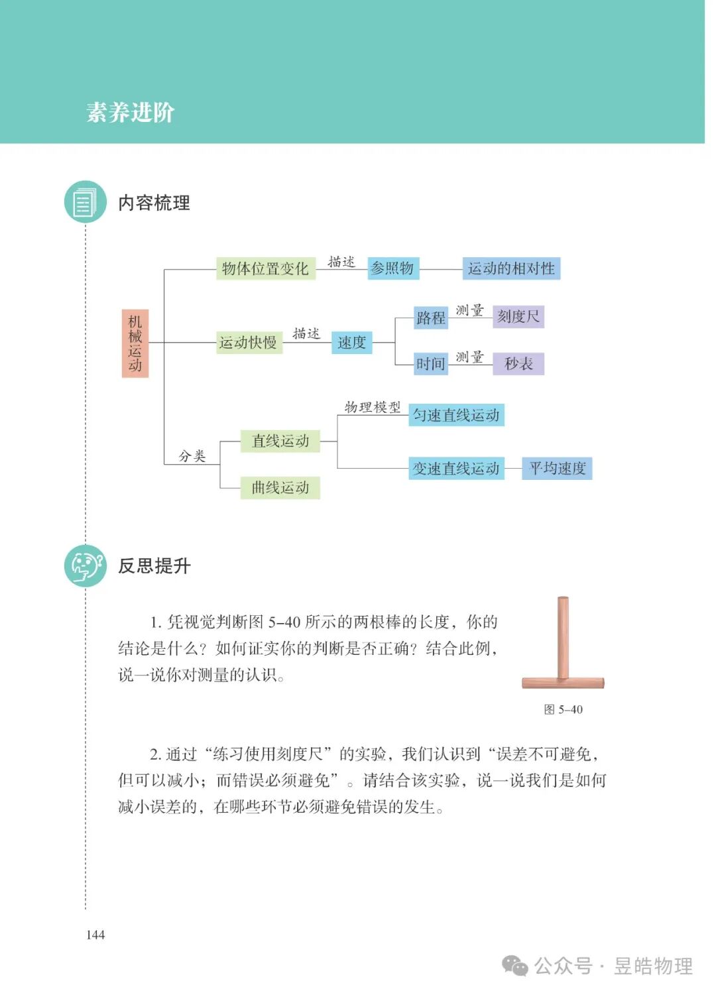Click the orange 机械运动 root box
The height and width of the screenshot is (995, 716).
point(135,343)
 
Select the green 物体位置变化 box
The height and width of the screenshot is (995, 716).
point(265,268)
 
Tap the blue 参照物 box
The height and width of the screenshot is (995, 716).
point(392,268)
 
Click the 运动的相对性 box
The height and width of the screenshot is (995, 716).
point(511,268)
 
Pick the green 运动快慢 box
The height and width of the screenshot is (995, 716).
point(249,343)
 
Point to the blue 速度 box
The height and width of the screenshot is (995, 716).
point(351,343)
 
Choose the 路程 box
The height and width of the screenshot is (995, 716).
point(431,318)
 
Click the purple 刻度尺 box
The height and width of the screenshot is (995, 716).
point(518,317)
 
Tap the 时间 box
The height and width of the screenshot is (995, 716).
point(431,364)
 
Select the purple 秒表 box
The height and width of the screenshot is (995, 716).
point(518,364)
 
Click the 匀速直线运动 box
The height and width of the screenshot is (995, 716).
point(456,415)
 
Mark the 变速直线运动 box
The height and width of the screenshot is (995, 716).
point(456,469)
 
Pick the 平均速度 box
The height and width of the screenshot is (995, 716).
point(557,469)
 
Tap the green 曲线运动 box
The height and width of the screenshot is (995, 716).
point(280,488)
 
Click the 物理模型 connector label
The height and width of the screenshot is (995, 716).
point(373,407)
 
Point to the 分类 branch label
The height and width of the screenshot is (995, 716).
point(192,456)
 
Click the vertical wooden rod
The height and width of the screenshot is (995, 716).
point(563,636)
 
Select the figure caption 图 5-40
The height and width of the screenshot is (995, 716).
point(563,710)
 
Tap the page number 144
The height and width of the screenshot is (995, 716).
point(95,935)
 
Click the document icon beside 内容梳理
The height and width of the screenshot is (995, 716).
point(85,202)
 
